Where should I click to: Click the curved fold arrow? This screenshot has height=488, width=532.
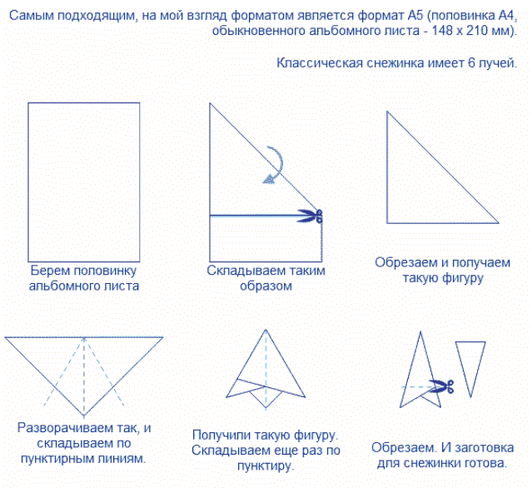click(x=273, y=164)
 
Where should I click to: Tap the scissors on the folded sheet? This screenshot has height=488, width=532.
click(x=310, y=216)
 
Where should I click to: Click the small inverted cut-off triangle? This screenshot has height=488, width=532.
click(x=470, y=366)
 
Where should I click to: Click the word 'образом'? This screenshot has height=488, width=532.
click(x=266, y=286)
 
